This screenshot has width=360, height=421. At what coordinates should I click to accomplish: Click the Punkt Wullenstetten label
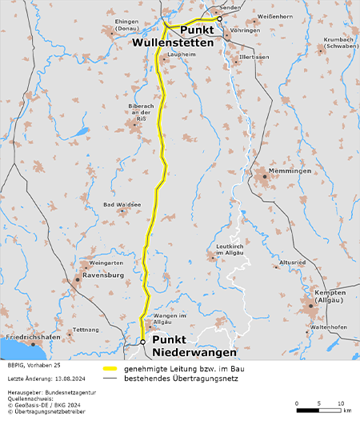pos(174,36)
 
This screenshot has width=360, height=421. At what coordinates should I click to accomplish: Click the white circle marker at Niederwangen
pos(143,342)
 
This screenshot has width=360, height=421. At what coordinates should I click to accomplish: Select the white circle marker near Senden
pos(219,18)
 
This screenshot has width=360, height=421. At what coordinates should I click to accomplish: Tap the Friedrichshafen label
pos(33,338)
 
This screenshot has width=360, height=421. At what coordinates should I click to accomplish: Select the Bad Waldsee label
pos(122,205)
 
